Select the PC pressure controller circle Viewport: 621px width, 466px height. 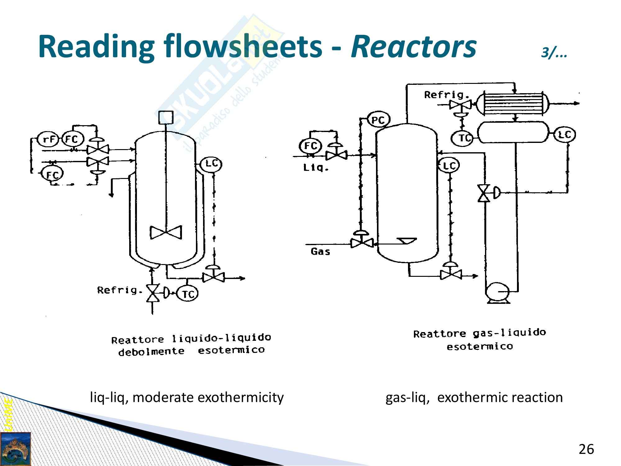pos(378,120)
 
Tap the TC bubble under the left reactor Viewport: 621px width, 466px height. pos(187,294)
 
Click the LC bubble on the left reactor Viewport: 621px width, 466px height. pos(211,164)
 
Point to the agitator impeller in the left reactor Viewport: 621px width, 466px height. pos(166,232)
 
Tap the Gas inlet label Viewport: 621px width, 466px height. pos(320,252)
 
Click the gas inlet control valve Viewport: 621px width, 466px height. pos(362,243)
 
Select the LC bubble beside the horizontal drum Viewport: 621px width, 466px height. pos(565,135)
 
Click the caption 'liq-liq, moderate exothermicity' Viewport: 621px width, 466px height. pos(187,397)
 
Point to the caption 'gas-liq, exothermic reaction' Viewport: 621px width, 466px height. pos(474,397)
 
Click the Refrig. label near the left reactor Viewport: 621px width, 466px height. pos(120,290)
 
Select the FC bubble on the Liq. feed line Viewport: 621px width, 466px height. pos(310,145)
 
